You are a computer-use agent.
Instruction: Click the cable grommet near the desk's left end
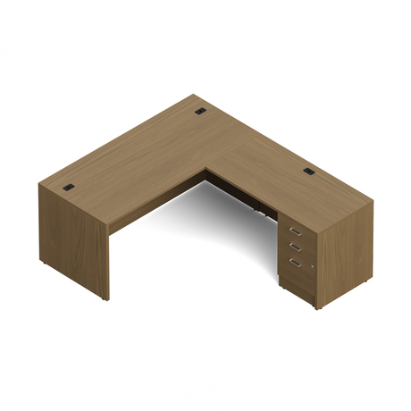71,187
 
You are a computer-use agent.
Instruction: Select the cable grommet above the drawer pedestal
309,170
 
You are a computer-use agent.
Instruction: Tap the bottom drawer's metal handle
292,261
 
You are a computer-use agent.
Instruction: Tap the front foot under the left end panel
105,298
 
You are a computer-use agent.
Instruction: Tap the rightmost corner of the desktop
373,198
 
